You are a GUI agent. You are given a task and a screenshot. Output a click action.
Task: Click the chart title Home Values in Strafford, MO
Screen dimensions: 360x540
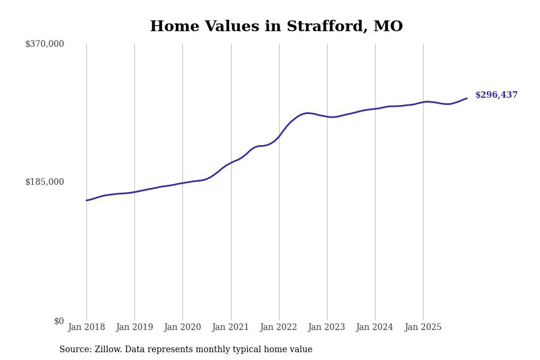click(276, 27)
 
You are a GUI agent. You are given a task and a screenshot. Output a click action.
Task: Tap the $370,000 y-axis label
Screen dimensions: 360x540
click(44, 44)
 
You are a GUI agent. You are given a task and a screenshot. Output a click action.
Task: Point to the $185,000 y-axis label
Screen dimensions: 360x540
click(44, 182)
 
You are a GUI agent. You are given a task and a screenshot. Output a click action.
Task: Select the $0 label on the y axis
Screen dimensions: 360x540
click(59, 321)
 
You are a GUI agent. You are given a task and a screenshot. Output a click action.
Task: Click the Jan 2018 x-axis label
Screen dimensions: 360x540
click(86, 328)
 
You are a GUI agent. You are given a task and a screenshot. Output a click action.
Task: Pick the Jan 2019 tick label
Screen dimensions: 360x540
click(134, 328)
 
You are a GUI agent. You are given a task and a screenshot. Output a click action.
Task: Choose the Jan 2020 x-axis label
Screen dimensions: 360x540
click(182, 328)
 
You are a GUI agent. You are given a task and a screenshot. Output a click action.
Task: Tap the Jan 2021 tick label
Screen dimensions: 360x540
click(230, 328)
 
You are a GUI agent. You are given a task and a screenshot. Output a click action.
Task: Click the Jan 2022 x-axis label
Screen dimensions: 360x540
click(278, 328)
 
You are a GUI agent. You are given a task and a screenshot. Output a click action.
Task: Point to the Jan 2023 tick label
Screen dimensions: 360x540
click(326, 328)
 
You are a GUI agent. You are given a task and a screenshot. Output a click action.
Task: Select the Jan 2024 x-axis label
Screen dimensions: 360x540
click(374, 328)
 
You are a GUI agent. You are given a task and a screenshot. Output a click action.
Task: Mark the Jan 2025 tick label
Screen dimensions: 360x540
click(423, 328)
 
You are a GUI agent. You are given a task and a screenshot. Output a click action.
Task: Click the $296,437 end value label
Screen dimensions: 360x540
click(496, 95)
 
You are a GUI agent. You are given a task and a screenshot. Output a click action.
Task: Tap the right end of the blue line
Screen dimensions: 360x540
click(467, 98)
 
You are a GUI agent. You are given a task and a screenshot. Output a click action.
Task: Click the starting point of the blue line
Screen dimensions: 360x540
click(86, 200)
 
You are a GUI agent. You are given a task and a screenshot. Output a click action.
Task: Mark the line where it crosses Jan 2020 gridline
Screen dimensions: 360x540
click(183, 183)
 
